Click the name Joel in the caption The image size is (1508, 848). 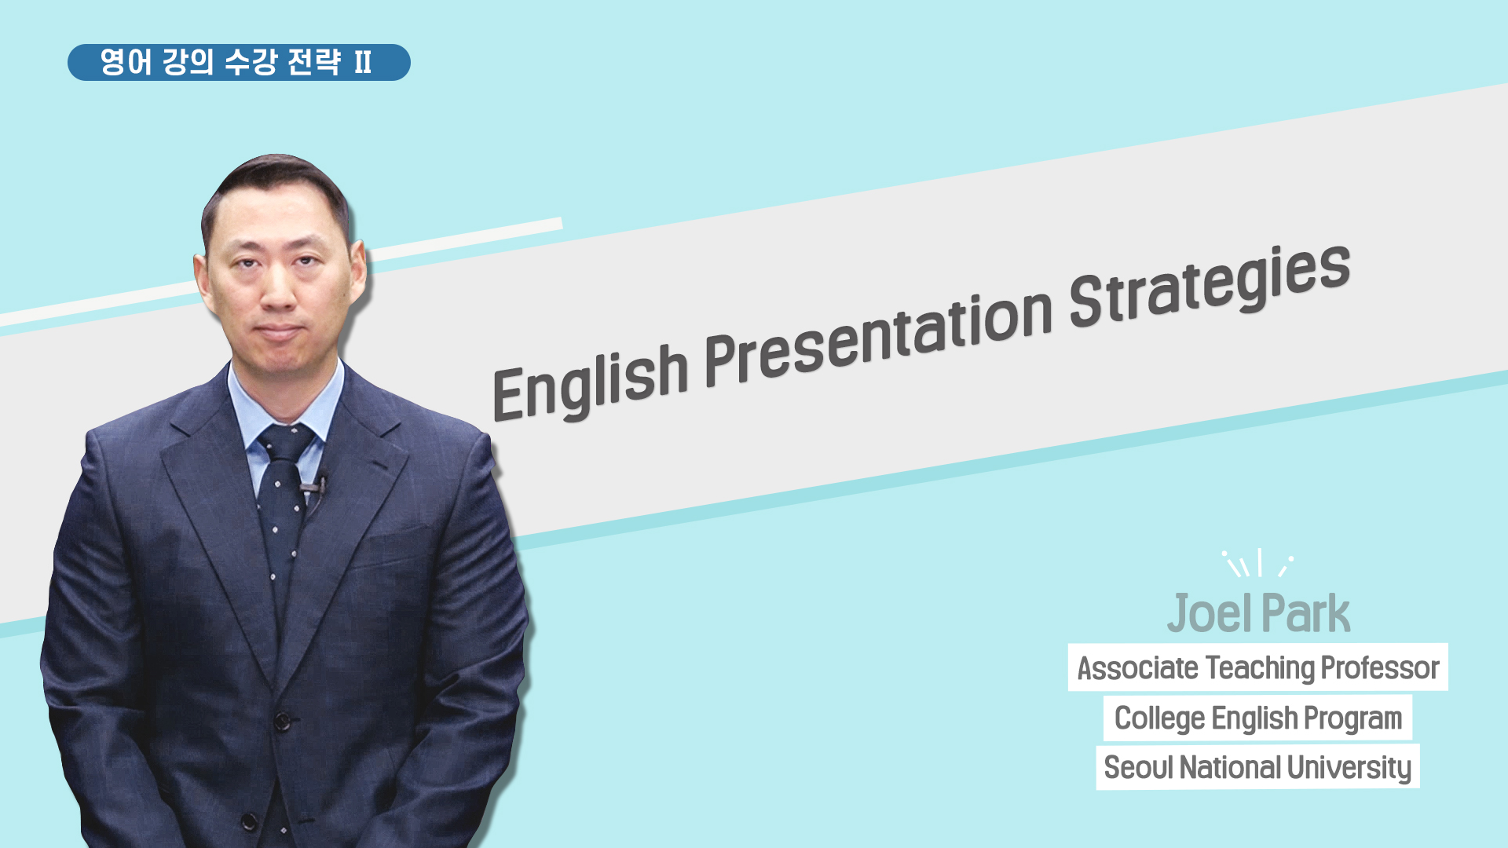[x=1210, y=613]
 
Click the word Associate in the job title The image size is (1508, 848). [x=1138, y=668]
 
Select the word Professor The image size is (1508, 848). [x=1380, y=668]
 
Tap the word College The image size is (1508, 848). [x=1159, y=718]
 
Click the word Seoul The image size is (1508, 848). [x=1138, y=767]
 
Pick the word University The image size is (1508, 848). [x=1349, y=768]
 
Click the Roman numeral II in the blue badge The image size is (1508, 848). [x=363, y=62]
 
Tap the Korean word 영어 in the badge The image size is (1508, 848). [x=126, y=62]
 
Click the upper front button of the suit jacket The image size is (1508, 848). [x=282, y=718]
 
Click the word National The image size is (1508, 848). [x=1229, y=767]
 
